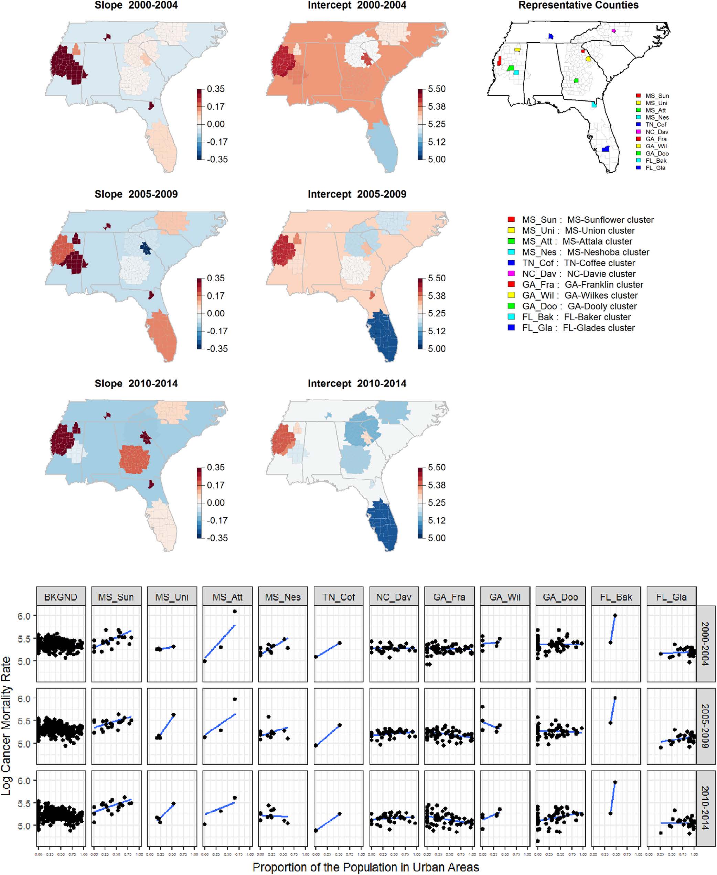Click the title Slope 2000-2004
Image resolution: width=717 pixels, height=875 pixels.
[x=136, y=6]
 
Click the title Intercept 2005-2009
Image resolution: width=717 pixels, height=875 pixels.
[x=357, y=194]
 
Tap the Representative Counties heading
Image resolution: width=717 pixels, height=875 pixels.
[x=578, y=6]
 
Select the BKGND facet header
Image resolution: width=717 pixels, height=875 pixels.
[x=61, y=597]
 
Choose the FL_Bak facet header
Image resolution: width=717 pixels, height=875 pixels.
[x=616, y=597]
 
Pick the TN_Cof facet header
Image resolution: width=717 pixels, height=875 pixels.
[x=339, y=597]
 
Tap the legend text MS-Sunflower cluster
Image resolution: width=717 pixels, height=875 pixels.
[x=610, y=220]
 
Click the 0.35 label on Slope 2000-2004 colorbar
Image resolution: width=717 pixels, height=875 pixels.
[x=216, y=89]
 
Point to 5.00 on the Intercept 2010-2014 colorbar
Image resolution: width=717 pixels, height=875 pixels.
[x=437, y=538]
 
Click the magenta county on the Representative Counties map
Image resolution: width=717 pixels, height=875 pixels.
[x=613, y=31]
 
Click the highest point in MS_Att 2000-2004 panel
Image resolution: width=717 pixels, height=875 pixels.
[x=235, y=611]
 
